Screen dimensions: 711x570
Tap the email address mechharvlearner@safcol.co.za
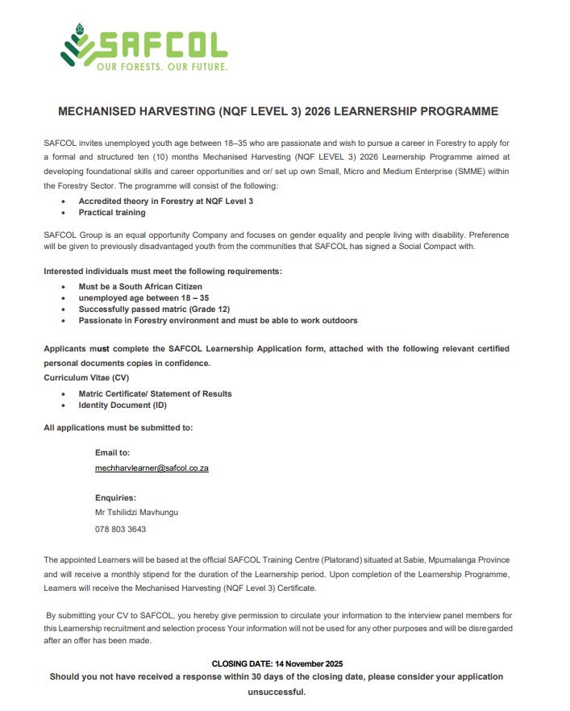152,468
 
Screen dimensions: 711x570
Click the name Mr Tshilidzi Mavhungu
136,512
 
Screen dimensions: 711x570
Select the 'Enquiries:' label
115,497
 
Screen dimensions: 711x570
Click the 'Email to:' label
112,453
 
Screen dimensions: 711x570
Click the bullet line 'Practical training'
112,213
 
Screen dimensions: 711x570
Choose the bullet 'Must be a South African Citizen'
140,286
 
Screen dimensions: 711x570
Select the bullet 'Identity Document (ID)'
123,405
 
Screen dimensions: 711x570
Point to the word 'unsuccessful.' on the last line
277,692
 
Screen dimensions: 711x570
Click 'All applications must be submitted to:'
118,427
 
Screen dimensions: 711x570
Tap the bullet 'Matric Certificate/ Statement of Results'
155,393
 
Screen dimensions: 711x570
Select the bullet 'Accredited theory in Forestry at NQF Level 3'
165,201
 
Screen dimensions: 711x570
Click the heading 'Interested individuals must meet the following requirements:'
163,271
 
